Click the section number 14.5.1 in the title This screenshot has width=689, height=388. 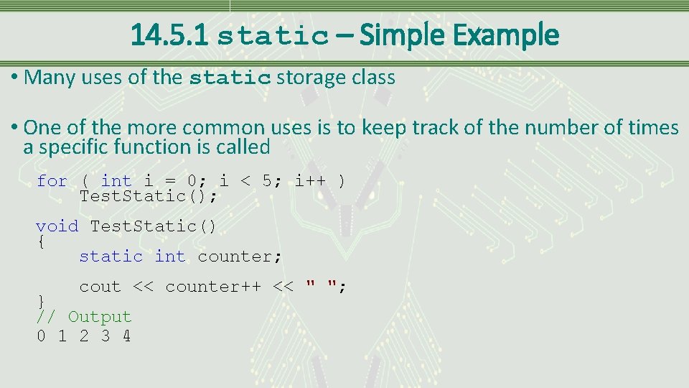point(169,34)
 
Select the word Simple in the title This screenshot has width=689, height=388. point(406,34)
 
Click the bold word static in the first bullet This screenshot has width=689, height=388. point(230,78)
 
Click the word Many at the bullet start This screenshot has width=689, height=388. point(50,78)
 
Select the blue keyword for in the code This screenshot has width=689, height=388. point(52,181)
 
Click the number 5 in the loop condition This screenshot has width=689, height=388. point(267,181)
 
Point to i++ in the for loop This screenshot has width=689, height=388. point(310,181)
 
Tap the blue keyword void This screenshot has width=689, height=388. point(57,226)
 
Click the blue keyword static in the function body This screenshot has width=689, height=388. point(111,257)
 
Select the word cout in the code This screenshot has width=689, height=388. point(100,287)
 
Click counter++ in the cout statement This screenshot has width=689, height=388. point(213,287)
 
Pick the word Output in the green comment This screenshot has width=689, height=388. point(100,317)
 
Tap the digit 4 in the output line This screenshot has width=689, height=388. point(126,336)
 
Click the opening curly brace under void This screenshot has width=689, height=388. point(41,241)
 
